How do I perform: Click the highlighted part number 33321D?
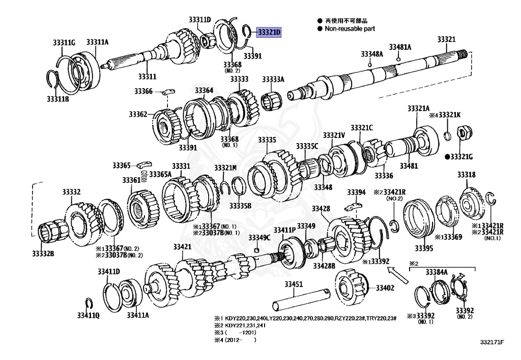[x=269, y=32]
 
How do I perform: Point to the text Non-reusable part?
[x=350, y=29]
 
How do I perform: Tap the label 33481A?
[x=400, y=47]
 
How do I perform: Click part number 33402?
[x=385, y=288]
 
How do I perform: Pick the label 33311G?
[x=64, y=42]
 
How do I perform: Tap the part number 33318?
[x=466, y=175]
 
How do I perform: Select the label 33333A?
[x=273, y=79]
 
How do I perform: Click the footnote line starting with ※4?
[x=236, y=340]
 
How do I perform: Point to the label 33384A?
[x=437, y=271]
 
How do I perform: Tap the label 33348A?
[x=371, y=54]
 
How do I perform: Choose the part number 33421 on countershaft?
[x=182, y=246]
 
